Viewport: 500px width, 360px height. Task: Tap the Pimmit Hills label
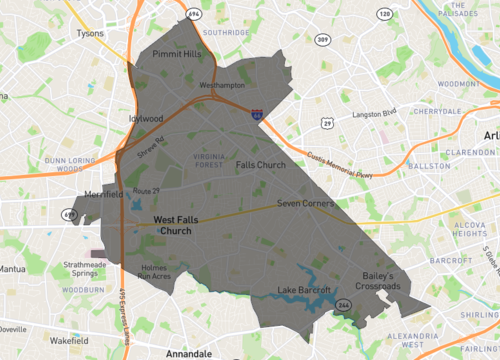(x=177, y=54)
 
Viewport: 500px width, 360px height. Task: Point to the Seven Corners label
(x=303, y=203)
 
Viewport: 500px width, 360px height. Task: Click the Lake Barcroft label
(x=302, y=291)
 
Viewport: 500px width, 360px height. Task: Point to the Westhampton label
(x=221, y=86)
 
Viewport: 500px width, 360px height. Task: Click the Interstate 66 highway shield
(x=257, y=115)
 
